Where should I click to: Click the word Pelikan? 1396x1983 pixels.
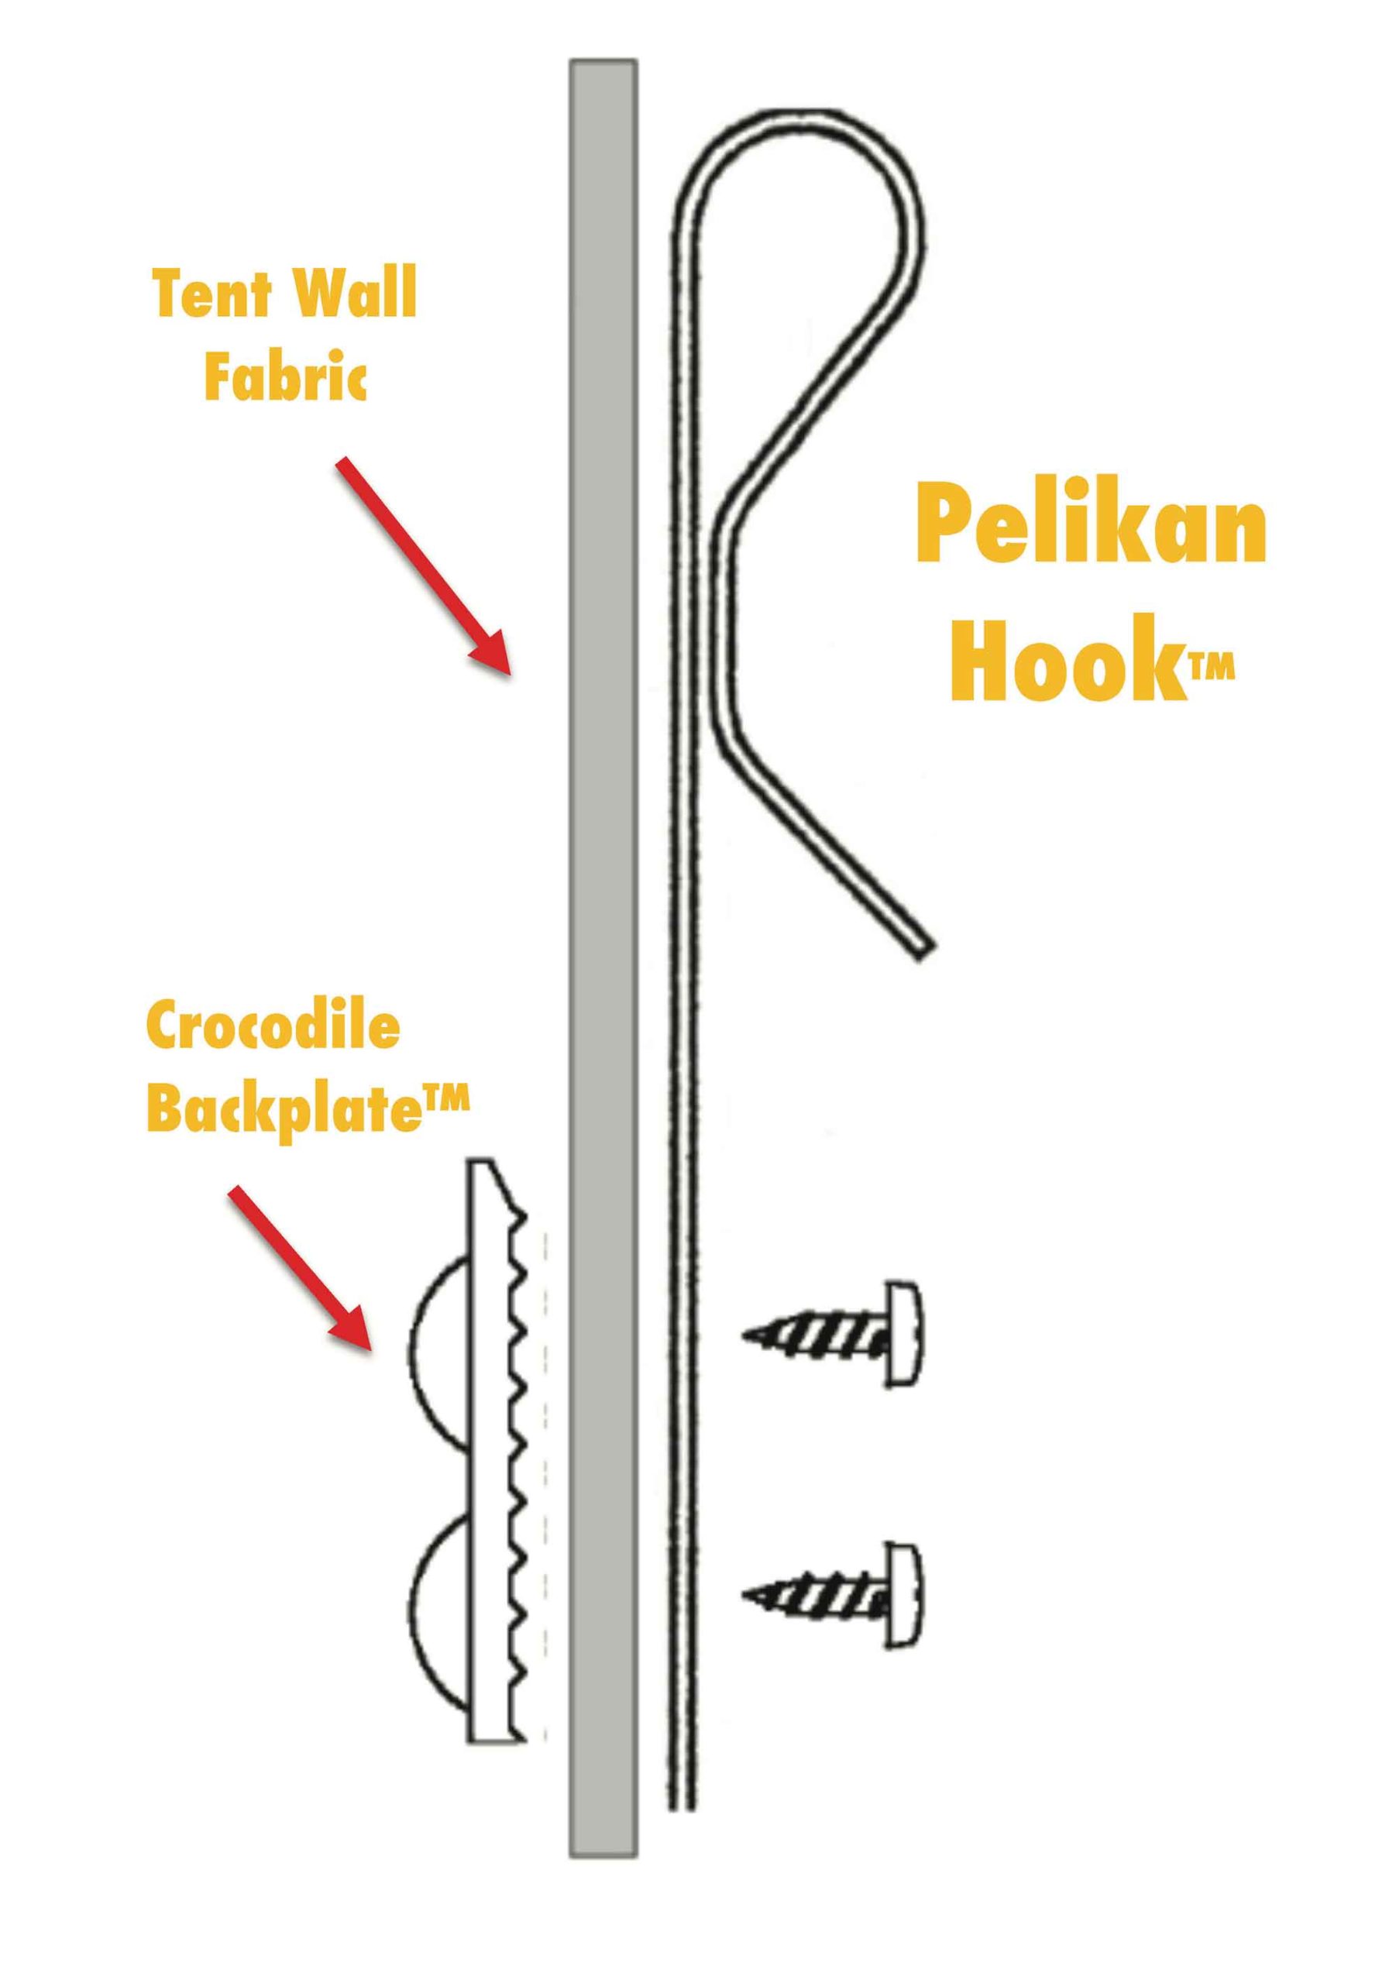click(x=1090, y=525)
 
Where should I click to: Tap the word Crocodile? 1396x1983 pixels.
click(x=273, y=1029)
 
